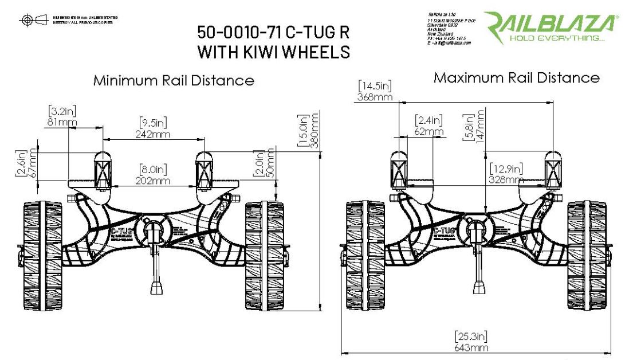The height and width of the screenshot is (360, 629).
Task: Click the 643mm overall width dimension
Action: point(471,347)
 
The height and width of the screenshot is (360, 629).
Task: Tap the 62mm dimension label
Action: point(428,131)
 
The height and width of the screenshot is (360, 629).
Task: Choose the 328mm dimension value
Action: point(506,179)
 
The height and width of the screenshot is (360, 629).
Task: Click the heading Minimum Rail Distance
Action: point(174,80)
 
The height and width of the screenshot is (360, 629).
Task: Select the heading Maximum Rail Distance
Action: point(516,77)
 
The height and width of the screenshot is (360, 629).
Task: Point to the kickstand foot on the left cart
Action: point(155,287)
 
